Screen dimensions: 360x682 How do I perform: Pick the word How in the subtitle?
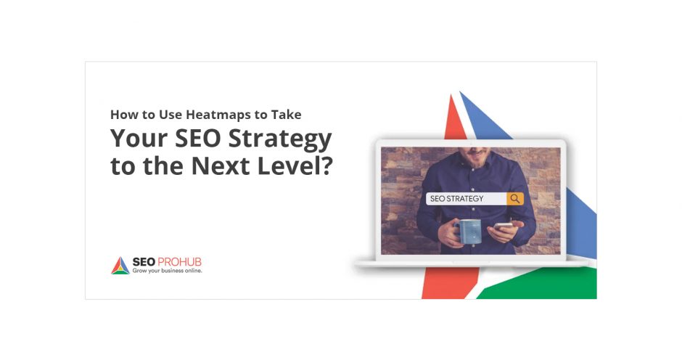pos(123,115)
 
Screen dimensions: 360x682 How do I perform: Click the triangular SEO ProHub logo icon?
pos(120,266)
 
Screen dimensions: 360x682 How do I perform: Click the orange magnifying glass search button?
pos(515,198)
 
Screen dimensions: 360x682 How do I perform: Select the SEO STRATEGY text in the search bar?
pos(457,198)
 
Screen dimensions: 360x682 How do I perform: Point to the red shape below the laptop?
pos(438,283)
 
